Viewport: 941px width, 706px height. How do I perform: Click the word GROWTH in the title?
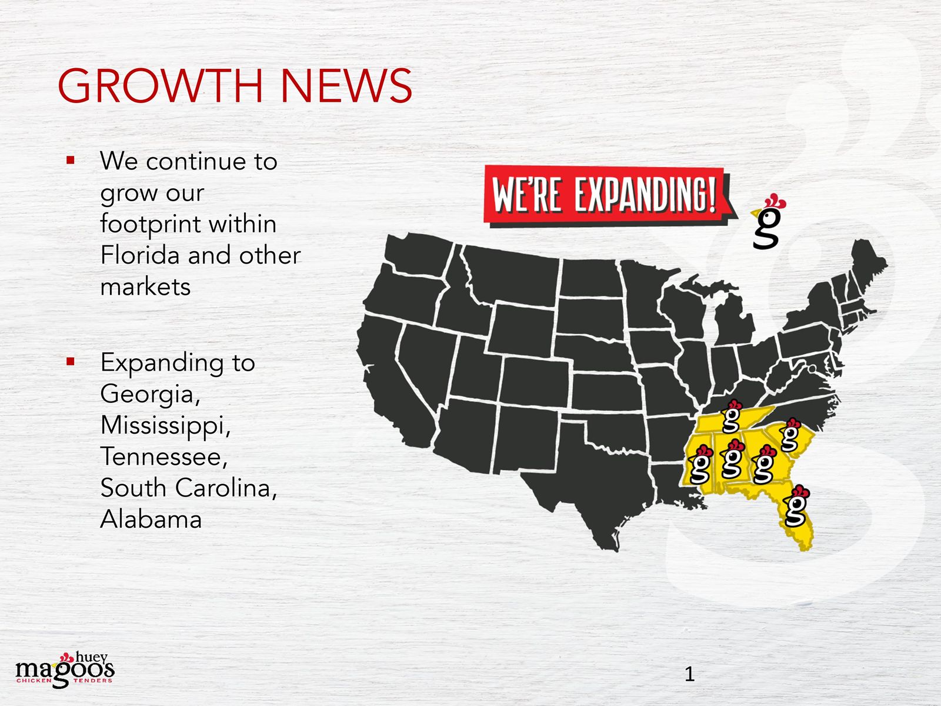[x=159, y=86]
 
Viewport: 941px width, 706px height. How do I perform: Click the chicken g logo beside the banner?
[x=768, y=222]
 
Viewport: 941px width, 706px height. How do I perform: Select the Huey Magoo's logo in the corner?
[x=65, y=671]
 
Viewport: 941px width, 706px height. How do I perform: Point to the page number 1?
[x=689, y=674]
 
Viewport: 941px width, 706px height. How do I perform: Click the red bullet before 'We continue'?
[x=71, y=160]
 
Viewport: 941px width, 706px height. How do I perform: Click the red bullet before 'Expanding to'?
[x=71, y=361]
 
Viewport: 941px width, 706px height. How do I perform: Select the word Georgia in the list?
[x=150, y=394]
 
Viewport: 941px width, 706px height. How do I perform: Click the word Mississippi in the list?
[x=165, y=425]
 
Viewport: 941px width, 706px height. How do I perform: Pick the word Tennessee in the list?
[x=163, y=457]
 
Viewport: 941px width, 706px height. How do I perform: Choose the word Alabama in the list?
[x=151, y=519]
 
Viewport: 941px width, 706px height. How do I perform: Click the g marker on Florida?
[x=796, y=506]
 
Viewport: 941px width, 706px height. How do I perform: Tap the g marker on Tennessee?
[x=732, y=416]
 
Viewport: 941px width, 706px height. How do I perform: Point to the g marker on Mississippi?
[x=700, y=465]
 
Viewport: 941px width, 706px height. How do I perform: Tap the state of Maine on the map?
[x=867, y=265]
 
